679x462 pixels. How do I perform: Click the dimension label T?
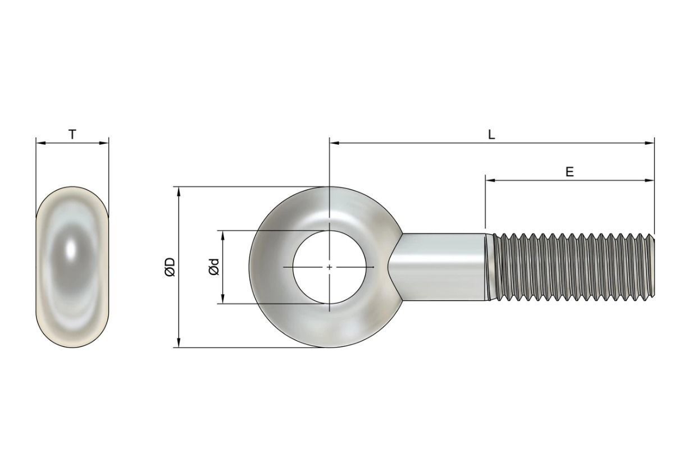(x=72, y=134)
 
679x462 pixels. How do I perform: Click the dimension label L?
(x=491, y=135)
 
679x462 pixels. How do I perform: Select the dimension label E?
(x=569, y=172)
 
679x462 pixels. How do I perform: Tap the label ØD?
(x=170, y=267)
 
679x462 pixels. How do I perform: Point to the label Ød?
(x=213, y=267)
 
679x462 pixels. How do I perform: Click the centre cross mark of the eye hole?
(x=330, y=267)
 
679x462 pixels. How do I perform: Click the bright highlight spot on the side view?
(x=72, y=249)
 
